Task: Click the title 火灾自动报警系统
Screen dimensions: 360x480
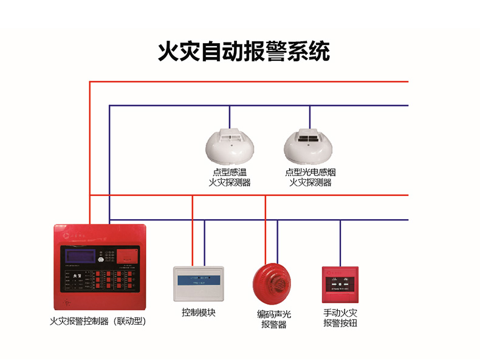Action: pyautogui.click(x=244, y=51)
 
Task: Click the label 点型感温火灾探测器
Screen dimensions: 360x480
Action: pyautogui.click(x=230, y=177)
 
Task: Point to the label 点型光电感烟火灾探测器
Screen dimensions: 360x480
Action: pyautogui.click(x=310, y=177)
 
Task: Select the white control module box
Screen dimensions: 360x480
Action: pyautogui.click(x=200, y=284)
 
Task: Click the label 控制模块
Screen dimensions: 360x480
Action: pyautogui.click(x=199, y=313)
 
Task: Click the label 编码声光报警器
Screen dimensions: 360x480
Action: pyautogui.click(x=273, y=319)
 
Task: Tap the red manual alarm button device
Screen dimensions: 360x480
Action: pyautogui.click(x=340, y=284)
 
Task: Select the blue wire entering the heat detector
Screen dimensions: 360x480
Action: pyautogui.click(x=230, y=117)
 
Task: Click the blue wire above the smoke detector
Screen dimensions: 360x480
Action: pyautogui.click(x=310, y=117)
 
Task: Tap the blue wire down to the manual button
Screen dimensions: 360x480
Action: pyautogui.click(x=340, y=243)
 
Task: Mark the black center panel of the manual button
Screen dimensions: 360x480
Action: pyautogui.click(x=340, y=282)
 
